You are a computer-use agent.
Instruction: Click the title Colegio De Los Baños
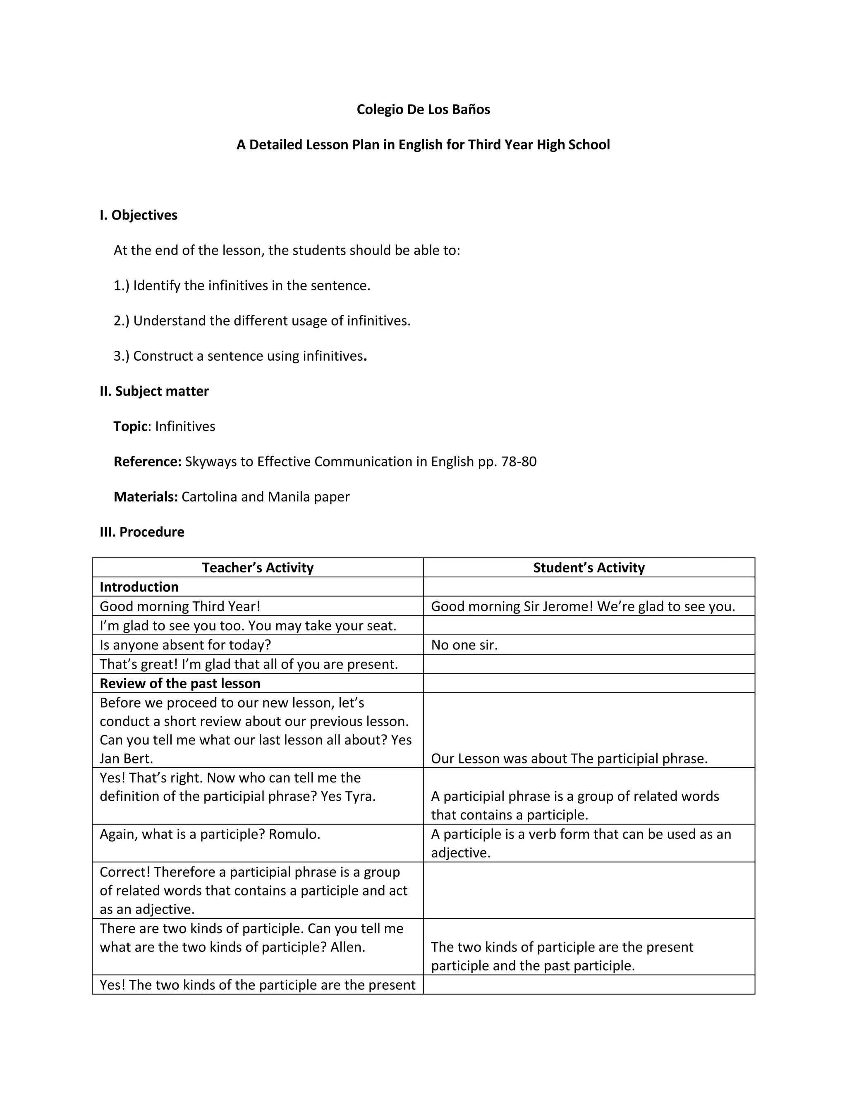tap(423, 110)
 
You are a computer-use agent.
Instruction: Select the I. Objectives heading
tap(139, 215)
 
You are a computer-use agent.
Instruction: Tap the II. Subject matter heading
tap(154, 391)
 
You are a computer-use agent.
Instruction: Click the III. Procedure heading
tap(142, 532)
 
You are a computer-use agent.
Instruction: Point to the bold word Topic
tap(130, 426)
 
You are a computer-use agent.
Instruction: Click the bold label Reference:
tap(148, 462)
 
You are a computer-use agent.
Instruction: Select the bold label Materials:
tap(146, 497)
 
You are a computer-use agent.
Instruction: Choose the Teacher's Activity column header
tap(257, 567)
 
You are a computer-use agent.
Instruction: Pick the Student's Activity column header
tap(589, 567)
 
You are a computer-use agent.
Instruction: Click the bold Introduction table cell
tap(139, 587)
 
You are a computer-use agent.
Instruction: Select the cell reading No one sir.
tap(464, 645)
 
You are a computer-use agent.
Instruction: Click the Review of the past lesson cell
tap(179, 684)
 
